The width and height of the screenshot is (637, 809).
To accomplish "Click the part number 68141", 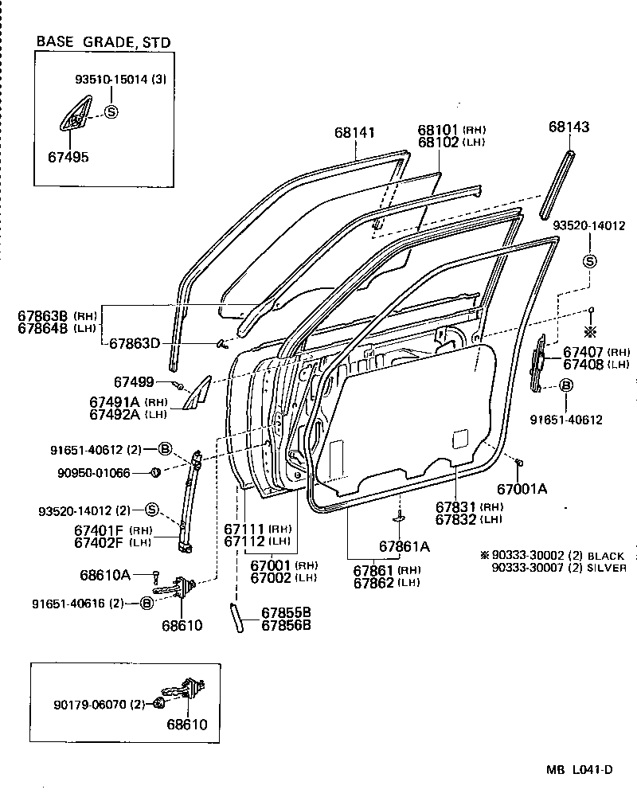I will click(x=354, y=133).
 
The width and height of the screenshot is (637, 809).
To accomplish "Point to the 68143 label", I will click(x=569, y=127).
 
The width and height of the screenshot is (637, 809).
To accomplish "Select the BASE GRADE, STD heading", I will click(x=104, y=42).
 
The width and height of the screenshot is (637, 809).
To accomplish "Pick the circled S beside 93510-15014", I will click(x=111, y=112).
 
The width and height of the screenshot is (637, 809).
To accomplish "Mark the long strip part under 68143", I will click(x=558, y=183).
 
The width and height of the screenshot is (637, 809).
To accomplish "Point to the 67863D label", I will click(x=135, y=343).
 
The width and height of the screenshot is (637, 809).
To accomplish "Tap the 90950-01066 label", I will click(x=93, y=473).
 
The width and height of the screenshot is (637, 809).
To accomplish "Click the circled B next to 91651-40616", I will click(x=147, y=603).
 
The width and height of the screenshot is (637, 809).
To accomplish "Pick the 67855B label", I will click(x=286, y=612).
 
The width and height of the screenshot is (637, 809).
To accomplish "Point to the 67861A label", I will click(x=404, y=546).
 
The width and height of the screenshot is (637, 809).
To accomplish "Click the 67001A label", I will click(x=522, y=489).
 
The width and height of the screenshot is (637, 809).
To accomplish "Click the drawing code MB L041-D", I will click(x=579, y=769).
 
